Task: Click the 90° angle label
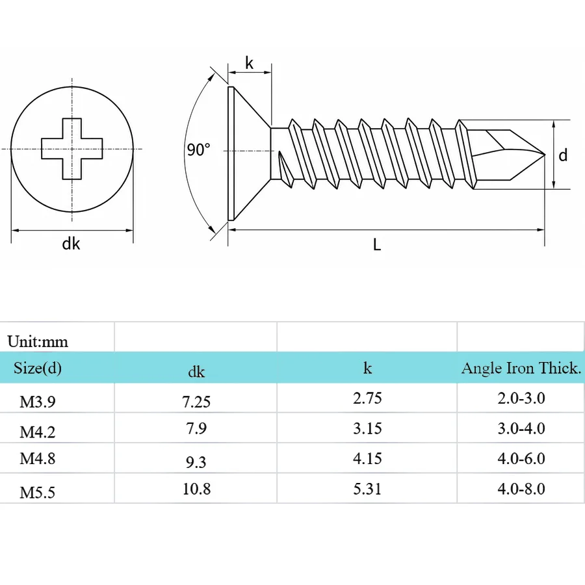tap(198, 149)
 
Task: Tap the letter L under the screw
tap(377, 245)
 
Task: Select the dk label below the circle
tap(71, 244)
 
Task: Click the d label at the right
tap(563, 155)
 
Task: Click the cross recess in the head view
tap(71, 149)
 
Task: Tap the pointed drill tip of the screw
tap(544, 155)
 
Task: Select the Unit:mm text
tap(38, 341)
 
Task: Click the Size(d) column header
tap(38, 369)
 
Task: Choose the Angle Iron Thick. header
tap(521, 369)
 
